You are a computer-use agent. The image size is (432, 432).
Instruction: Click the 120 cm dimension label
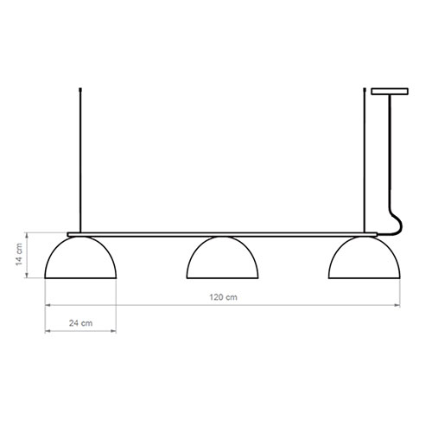(223, 297)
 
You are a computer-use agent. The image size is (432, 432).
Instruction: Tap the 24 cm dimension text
(80, 323)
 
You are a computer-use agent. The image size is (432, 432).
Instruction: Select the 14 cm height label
(19, 254)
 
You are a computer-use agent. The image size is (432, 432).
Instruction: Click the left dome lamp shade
(80, 257)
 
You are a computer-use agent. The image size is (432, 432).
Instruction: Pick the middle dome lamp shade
(222, 257)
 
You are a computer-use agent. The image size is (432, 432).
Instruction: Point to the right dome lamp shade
(365, 257)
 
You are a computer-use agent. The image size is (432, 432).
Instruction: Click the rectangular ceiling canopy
(390, 92)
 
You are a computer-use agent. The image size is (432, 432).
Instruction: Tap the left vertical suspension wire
(80, 160)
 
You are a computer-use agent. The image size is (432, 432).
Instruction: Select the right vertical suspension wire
(365, 160)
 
